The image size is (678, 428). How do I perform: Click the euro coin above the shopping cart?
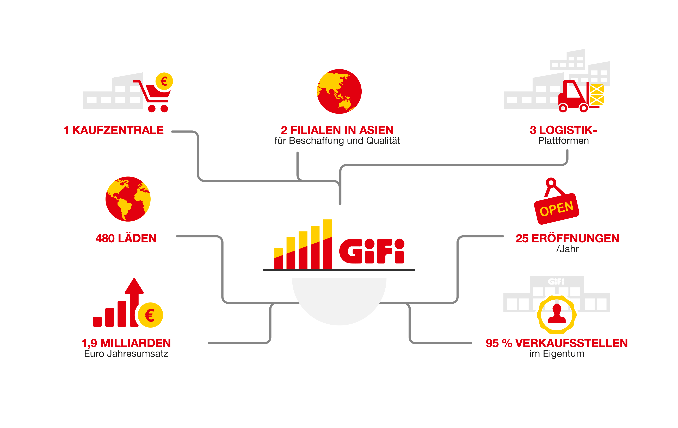pos(164,81)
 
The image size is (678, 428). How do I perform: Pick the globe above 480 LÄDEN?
pos(128,199)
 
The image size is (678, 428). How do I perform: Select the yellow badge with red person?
pos(557,315)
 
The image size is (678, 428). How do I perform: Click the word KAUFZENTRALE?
pos(118,130)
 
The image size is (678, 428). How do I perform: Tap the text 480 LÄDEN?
pos(126,238)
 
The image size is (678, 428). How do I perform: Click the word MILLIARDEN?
pos(135,343)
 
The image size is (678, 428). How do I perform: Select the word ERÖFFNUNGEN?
pos(575,238)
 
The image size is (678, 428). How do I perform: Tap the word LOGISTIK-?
pos(568,130)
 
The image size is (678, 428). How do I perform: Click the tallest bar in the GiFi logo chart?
pos(327,244)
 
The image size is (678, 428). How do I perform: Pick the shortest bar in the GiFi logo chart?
pos(279,258)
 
